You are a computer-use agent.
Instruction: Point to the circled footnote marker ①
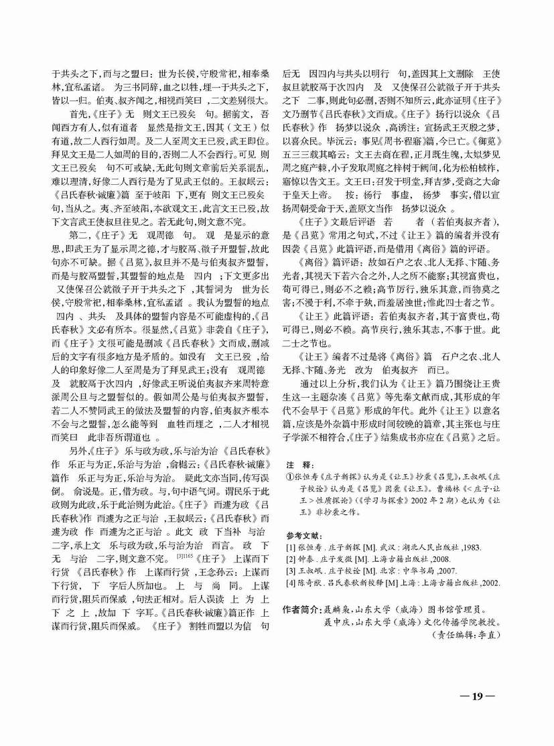289,477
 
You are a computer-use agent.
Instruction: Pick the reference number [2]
289,559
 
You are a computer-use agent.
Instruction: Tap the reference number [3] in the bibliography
289,571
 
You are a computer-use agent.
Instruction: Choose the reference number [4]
289,582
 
